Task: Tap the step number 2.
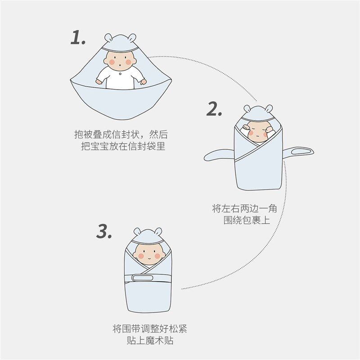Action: pos(214,109)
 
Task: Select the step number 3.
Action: pos(104,232)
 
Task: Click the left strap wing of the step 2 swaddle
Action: pos(219,156)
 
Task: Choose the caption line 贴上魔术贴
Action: pos(150,341)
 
